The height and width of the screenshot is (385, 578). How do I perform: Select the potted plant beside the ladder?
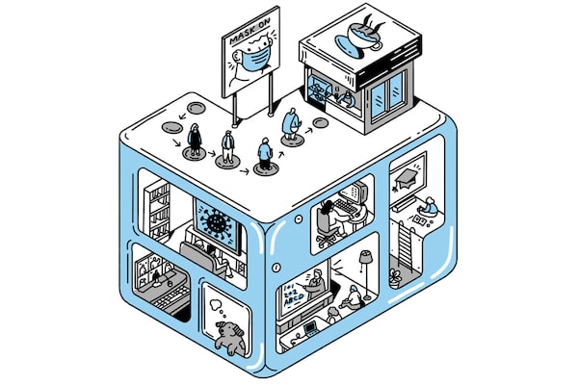coord(396,280)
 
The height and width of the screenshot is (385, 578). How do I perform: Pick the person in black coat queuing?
coord(196,141)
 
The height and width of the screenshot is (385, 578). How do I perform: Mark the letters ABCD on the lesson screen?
coord(291,297)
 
